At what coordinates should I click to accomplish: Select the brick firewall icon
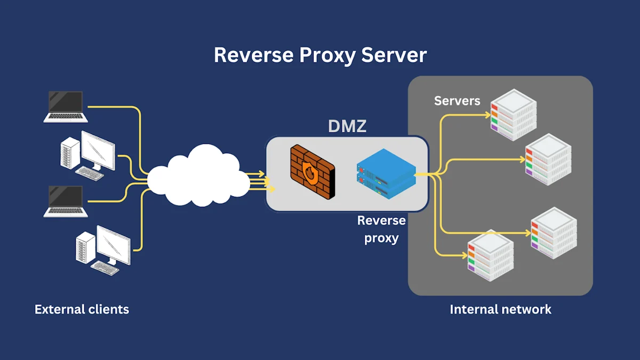tap(313, 172)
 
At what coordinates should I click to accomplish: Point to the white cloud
tap(198, 177)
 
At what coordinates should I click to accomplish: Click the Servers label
tap(457, 101)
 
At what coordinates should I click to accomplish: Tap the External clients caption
tap(82, 309)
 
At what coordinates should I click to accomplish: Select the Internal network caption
tap(500, 309)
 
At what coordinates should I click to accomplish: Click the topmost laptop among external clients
tap(66, 106)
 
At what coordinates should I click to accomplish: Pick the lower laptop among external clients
tap(66, 201)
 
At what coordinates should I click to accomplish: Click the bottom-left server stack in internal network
tap(490, 254)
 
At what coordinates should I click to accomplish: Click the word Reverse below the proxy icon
tap(381, 220)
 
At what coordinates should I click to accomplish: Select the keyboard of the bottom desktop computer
tap(105, 268)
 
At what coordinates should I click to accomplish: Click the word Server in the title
tap(394, 55)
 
